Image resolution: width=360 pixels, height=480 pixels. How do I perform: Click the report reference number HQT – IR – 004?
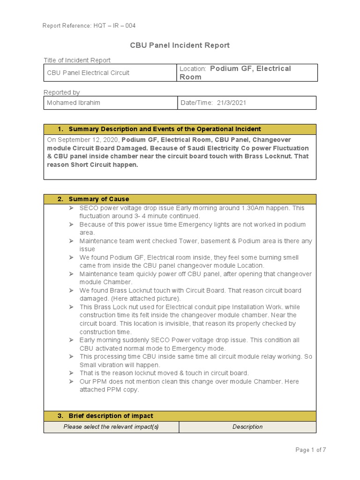pyautogui.click(x=114, y=26)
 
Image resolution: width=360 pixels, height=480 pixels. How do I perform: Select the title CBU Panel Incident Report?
pyautogui.click(x=180, y=45)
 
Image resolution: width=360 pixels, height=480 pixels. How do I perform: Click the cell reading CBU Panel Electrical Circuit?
pyautogui.click(x=88, y=73)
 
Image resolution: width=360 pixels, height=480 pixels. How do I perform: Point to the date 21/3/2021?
pyautogui.click(x=231, y=103)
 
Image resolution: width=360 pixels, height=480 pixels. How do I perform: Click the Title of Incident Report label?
pyautogui.click(x=77, y=60)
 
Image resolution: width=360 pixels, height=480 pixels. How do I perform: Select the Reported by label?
pyautogui.click(x=61, y=92)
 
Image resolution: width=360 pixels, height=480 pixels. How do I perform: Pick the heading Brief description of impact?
pyautogui.click(x=111, y=416)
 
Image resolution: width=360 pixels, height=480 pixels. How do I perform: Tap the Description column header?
pyautogui.click(x=247, y=427)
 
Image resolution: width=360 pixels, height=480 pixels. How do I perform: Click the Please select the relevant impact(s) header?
pyautogui.click(x=111, y=427)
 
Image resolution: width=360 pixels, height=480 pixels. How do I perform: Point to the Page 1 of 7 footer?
pyautogui.click(x=310, y=450)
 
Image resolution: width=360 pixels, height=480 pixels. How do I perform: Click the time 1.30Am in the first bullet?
pyautogui.click(x=255, y=208)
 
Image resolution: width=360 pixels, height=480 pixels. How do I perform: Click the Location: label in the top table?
pyautogui.click(x=193, y=69)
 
